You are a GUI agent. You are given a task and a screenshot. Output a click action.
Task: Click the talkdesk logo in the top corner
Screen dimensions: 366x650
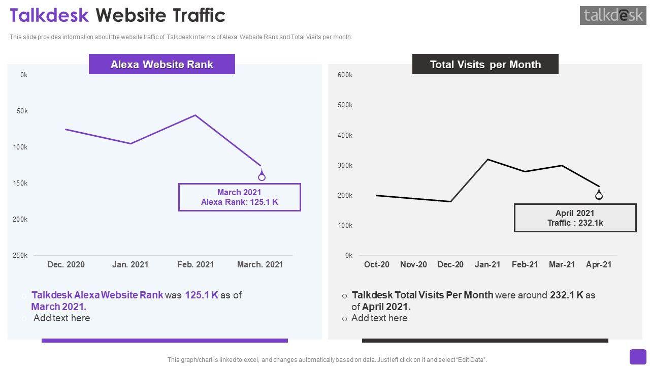tap(613, 15)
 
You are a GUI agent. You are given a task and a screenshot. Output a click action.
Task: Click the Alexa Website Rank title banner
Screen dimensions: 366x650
tap(161, 65)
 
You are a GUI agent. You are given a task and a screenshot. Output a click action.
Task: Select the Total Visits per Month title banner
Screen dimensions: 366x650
tap(485, 65)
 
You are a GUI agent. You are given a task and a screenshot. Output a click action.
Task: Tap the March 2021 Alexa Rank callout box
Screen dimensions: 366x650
tap(239, 197)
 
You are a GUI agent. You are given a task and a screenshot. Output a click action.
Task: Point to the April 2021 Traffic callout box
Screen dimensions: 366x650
tap(575, 218)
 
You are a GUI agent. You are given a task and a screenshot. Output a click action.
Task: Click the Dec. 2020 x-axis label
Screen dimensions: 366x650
tap(66, 264)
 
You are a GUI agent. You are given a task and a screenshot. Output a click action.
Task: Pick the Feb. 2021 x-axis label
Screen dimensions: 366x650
tap(196, 264)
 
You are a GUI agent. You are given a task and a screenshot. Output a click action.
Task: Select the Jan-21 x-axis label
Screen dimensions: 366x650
tap(487, 264)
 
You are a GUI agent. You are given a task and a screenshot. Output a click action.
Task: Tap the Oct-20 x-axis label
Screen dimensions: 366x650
tap(377, 264)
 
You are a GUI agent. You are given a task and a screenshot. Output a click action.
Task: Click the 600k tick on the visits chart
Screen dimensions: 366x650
tap(345, 75)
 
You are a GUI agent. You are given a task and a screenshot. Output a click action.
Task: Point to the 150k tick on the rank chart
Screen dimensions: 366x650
tap(20, 183)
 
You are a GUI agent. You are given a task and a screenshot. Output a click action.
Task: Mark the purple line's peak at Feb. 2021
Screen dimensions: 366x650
tap(196, 115)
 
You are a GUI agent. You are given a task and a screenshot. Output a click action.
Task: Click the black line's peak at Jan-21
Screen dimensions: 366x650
tap(487, 160)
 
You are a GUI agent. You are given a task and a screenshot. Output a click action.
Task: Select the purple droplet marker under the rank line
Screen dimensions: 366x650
tap(262, 176)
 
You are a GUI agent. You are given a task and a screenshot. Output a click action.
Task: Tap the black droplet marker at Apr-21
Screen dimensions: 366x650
tap(599, 195)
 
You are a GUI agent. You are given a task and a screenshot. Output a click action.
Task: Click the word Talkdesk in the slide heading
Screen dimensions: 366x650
tap(49, 15)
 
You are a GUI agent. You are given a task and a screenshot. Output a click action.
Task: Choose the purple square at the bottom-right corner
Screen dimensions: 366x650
tap(638, 357)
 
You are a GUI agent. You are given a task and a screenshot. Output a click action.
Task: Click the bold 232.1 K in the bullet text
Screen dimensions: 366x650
tap(566, 295)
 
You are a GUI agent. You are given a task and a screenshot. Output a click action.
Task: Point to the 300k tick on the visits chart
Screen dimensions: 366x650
tap(345, 165)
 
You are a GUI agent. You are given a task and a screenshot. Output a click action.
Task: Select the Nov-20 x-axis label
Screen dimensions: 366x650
tap(413, 264)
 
